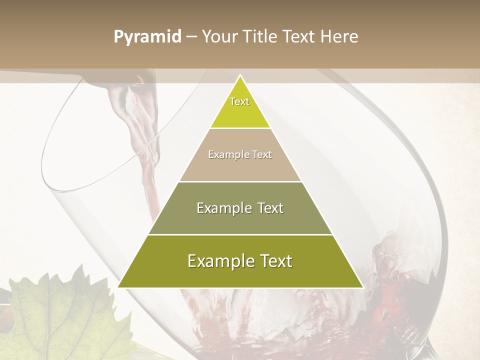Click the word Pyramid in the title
[147, 37]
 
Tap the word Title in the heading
[260, 37]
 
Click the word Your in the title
[219, 37]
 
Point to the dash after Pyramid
[190, 37]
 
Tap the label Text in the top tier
[239, 101]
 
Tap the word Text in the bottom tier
[274, 261]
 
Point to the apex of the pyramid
[240, 76]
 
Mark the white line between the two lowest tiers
[240, 234]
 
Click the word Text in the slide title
[300, 37]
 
